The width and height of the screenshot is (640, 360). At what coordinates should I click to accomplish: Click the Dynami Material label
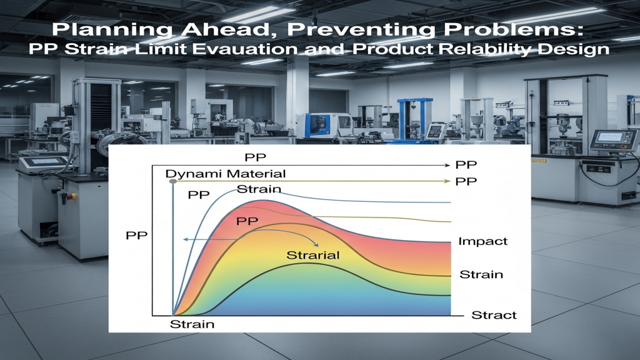coord(225,174)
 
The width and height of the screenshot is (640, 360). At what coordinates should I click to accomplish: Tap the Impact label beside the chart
coord(483,241)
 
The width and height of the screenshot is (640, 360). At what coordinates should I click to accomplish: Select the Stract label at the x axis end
coord(494,315)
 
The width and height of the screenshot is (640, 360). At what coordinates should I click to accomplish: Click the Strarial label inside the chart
coord(313,256)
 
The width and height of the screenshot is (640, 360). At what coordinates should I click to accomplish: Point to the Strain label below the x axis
coord(192,324)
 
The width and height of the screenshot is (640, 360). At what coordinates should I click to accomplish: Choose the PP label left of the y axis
coord(136,236)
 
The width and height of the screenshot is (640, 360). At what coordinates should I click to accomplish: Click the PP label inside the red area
coord(247,221)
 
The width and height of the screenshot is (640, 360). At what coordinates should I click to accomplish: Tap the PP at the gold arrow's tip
coord(466,181)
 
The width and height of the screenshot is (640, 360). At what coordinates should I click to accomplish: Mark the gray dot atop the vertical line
coord(173,181)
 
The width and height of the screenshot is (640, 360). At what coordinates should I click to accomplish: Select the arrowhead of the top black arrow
coord(447,165)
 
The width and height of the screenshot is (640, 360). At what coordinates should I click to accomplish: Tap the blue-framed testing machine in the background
coord(415,119)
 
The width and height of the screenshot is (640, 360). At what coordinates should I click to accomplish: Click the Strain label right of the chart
coord(481,275)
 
